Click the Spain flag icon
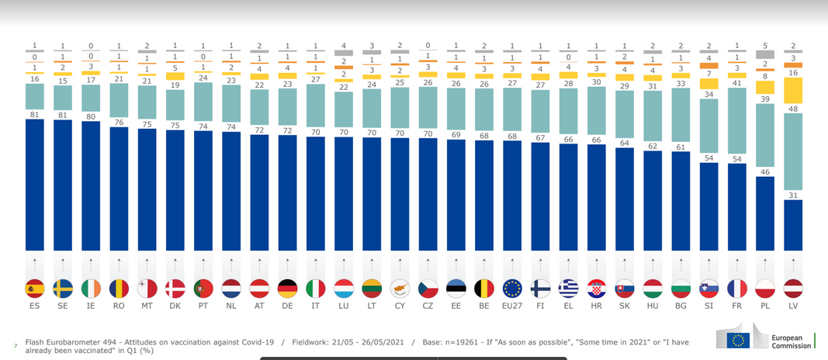coord(36,289)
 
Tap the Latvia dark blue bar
coord(792,225)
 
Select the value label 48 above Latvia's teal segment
coord(792,109)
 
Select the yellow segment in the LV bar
coord(792,90)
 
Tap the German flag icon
coord(287,289)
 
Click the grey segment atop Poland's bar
coord(764,54)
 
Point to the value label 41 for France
coord(736,82)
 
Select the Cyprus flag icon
coord(400,289)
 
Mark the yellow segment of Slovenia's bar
coord(708,84)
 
